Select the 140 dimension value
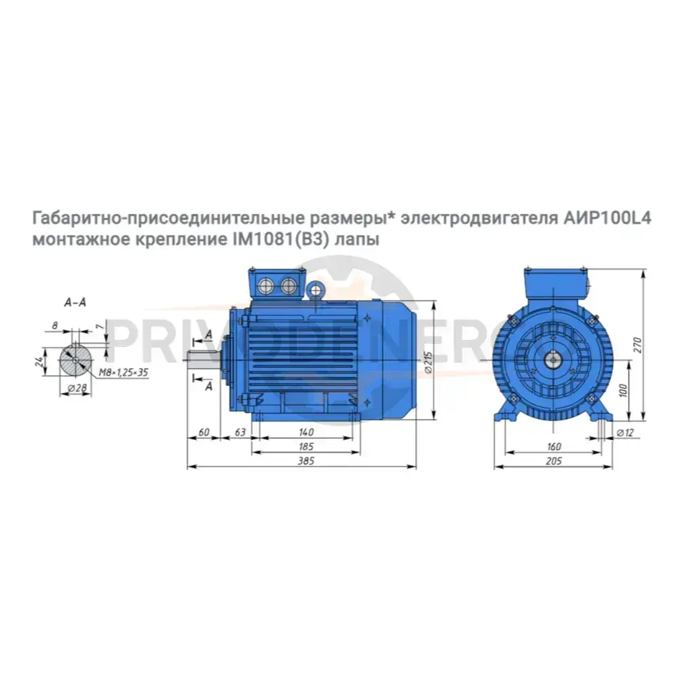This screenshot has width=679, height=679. pyautogui.click(x=306, y=433)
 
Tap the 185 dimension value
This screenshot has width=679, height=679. pyautogui.click(x=306, y=447)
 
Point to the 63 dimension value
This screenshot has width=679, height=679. pyautogui.click(x=239, y=433)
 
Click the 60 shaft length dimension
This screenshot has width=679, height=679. pyautogui.click(x=203, y=433)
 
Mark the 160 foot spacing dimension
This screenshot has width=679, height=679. pyautogui.click(x=553, y=447)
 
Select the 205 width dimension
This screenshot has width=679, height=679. pyautogui.click(x=553, y=461)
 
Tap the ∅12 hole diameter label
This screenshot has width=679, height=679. pyautogui.click(x=626, y=433)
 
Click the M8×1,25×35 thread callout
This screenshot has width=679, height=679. pyautogui.click(x=124, y=372)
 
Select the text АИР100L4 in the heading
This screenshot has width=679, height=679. pyautogui.click(x=607, y=219)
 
